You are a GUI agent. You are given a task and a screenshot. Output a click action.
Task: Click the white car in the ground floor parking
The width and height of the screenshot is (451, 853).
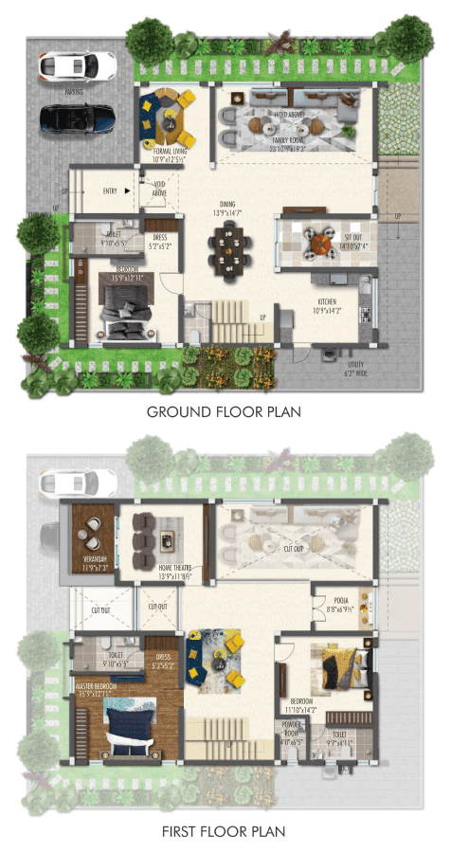pos(76,65)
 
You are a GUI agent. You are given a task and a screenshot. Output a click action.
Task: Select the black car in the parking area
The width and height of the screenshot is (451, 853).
pos(77,118)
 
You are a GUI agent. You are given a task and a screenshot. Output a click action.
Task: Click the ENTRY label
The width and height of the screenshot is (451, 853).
pos(110,191)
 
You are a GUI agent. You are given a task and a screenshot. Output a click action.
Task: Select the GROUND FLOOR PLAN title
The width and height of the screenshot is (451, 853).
pos(224,412)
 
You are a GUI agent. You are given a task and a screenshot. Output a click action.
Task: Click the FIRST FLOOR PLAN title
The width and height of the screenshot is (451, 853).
pos(224,831)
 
